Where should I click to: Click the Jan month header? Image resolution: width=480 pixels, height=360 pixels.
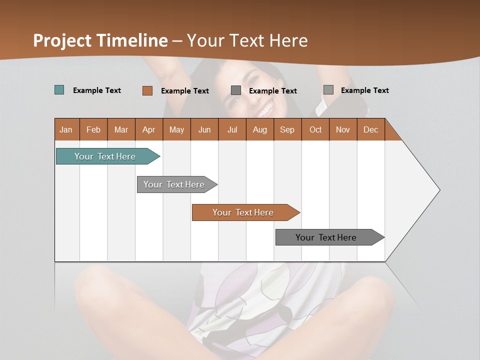point(66,129)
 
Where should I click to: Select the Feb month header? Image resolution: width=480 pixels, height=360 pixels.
point(93,129)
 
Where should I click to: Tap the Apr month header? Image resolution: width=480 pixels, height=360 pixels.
point(148,129)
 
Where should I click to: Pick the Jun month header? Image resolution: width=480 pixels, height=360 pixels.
point(204,129)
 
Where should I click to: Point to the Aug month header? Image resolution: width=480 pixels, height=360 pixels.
point(259,129)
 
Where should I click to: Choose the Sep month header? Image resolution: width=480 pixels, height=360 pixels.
point(287,129)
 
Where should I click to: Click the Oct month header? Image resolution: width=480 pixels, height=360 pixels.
point(315,129)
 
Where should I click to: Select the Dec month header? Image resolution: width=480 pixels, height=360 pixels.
point(370,129)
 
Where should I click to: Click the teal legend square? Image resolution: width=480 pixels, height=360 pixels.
point(59,90)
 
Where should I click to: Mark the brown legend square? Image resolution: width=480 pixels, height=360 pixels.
point(147,90)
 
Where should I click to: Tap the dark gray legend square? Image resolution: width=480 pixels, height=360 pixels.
point(236,90)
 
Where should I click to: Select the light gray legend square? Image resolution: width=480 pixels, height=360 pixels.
point(328,90)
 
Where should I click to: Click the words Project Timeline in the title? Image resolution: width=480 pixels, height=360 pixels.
point(100,40)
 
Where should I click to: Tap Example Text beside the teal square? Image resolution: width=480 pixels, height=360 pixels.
point(97,90)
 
